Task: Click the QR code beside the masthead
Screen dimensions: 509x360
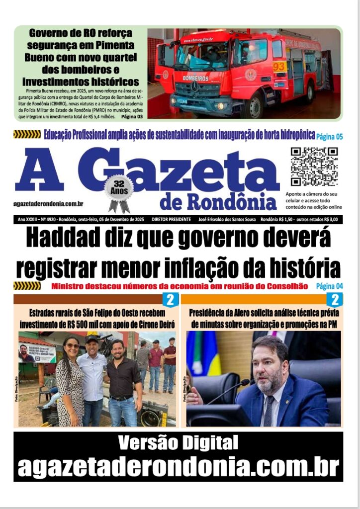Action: tap(314, 167)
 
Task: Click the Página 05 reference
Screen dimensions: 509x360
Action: tap(330, 136)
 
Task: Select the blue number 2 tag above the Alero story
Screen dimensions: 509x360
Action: tap(334, 300)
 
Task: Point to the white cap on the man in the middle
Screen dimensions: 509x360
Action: tap(92, 339)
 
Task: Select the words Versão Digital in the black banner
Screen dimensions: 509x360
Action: tap(178, 442)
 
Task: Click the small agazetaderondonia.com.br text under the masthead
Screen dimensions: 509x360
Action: tap(48, 203)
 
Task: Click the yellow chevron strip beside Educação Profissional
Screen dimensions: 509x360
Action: tap(27, 134)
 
